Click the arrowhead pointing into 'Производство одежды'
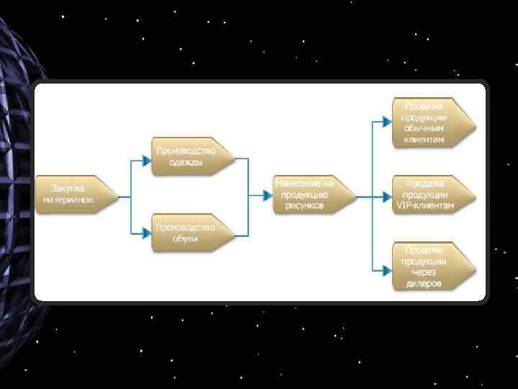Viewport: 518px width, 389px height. (147, 157)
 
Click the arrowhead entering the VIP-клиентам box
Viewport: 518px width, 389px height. (388, 194)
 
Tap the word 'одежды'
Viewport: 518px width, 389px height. (186, 163)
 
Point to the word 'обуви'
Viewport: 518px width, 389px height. (185, 239)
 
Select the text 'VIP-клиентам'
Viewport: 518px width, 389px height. (425, 205)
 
